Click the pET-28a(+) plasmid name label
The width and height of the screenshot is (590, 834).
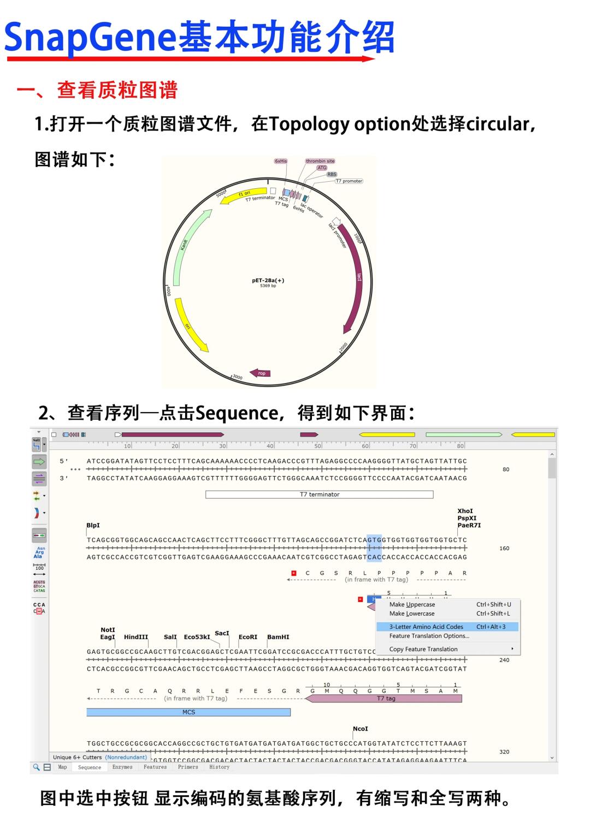coord(268,281)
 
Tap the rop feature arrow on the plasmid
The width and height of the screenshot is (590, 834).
coord(261,373)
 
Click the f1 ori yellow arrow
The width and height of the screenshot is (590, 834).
coord(243,196)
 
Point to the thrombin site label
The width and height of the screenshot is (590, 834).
coord(320,161)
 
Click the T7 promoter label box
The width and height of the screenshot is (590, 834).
coord(349,181)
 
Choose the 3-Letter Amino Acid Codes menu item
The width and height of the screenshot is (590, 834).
coord(426,627)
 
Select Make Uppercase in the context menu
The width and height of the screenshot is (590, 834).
coord(412,604)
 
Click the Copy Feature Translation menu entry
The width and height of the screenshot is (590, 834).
coord(423,649)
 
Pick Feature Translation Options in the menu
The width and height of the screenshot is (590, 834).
coord(429,636)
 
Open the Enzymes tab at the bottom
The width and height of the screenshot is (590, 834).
coord(122,767)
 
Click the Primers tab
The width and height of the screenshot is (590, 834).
coord(188,767)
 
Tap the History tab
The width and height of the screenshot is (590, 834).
coord(219,767)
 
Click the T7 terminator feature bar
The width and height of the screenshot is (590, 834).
coord(319,495)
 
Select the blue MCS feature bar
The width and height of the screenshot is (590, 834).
coord(188,712)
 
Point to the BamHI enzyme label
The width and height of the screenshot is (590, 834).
coord(278,637)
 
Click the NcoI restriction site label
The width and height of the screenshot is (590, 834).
coord(360,729)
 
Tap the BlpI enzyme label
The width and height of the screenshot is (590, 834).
coord(93,525)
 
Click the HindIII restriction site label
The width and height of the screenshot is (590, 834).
coord(135,637)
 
